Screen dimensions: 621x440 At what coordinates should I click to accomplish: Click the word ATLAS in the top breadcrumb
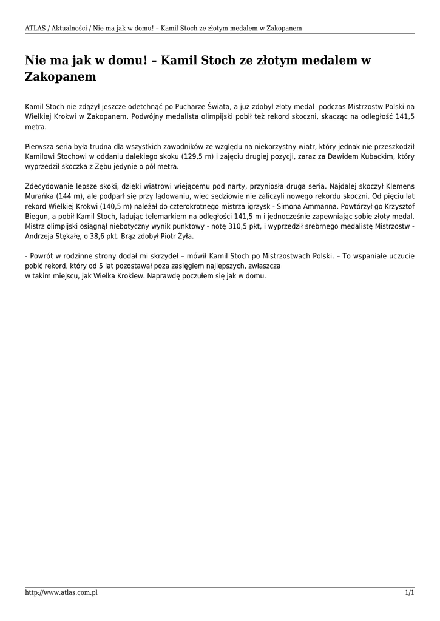(x=35, y=28)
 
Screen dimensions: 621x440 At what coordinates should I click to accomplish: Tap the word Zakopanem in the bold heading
(x=61, y=77)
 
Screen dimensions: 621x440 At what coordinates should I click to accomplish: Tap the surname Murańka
(x=39, y=196)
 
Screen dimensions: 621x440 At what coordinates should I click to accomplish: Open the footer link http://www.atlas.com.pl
(x=61, y=592)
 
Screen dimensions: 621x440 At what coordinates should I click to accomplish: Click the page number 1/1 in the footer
(x=410, y=592)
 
